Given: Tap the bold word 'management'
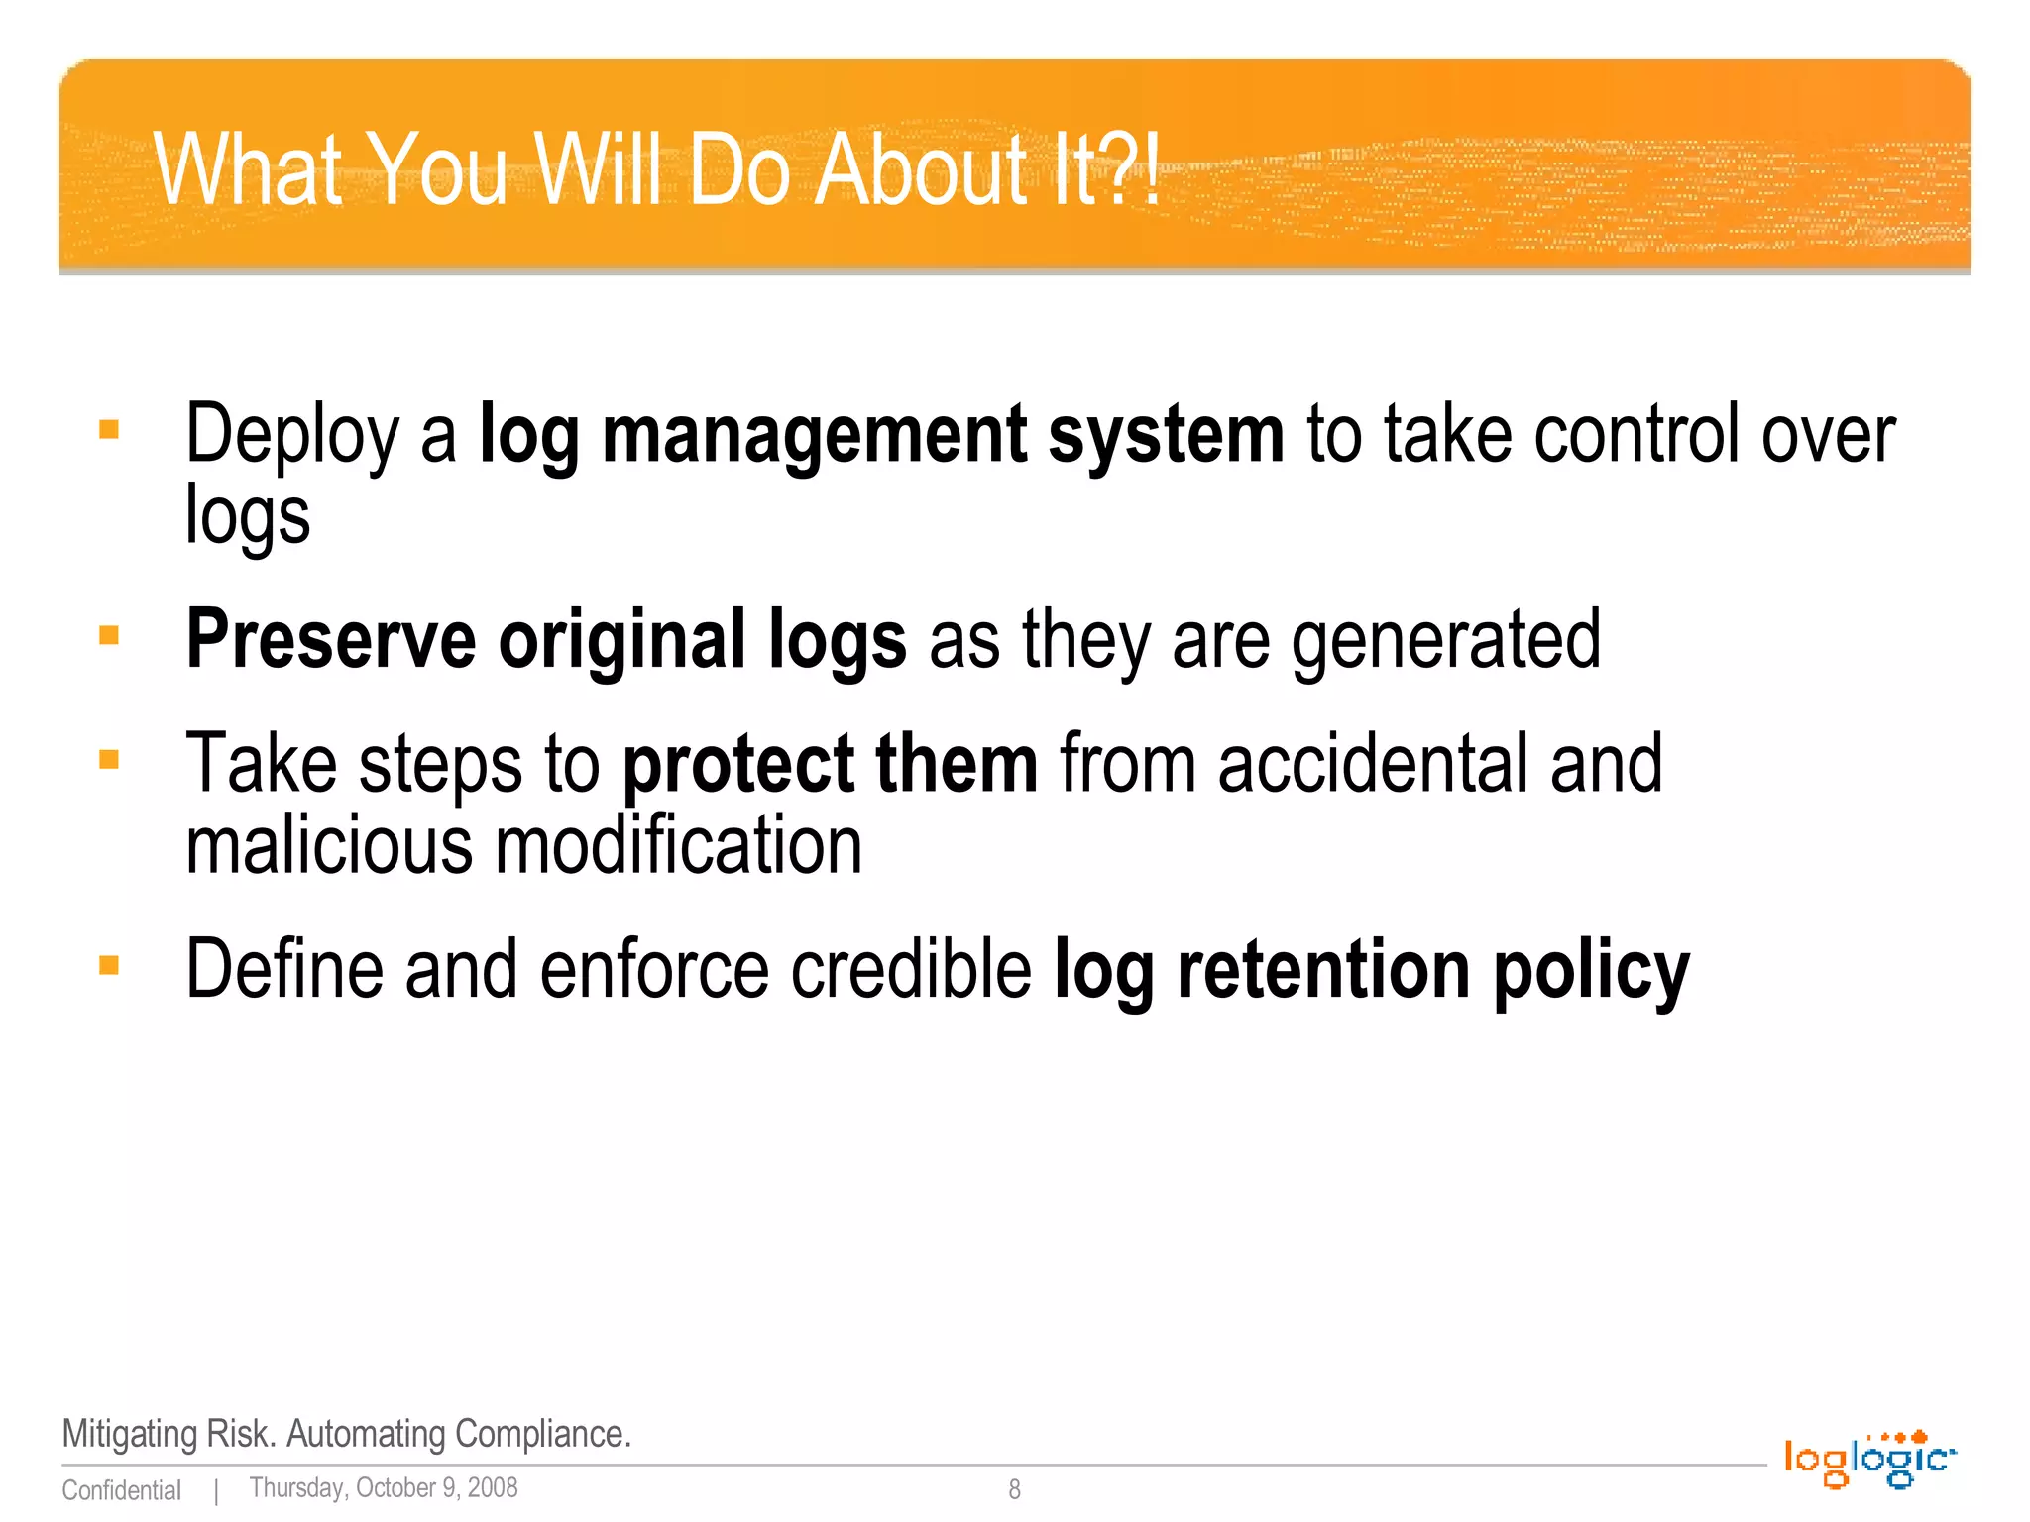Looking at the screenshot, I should click(x=814, y=436).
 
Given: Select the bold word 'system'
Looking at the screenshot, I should click(x=1166, y=436).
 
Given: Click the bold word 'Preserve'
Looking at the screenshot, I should click(x=331, y=641).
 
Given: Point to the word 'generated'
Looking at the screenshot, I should click(x=1446, y=641).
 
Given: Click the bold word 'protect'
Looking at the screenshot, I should click(x=737, y=765).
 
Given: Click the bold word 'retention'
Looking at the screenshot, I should click(x=1323, y=970).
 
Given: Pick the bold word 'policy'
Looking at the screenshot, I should click(x=1591, y=970).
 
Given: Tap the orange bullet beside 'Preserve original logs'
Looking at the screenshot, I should click(x=109, y=635).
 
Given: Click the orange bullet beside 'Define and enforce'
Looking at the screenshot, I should click(x=109, y=965).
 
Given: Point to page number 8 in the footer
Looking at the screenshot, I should click(x=1014, y=1488).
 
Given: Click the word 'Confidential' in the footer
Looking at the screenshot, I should click(x=121, y=1490).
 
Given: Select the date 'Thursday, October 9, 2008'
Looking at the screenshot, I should click(x=383, y=1488).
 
